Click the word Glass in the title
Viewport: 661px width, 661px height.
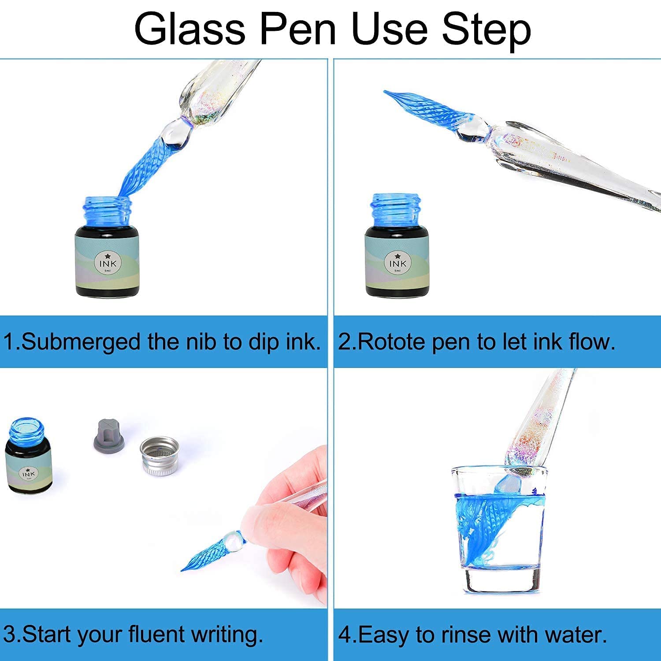pos(190,29)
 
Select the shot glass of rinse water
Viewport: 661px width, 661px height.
pos(498,529)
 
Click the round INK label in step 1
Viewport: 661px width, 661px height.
pos(108,263)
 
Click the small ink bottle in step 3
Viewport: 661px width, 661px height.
pos(28,456)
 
